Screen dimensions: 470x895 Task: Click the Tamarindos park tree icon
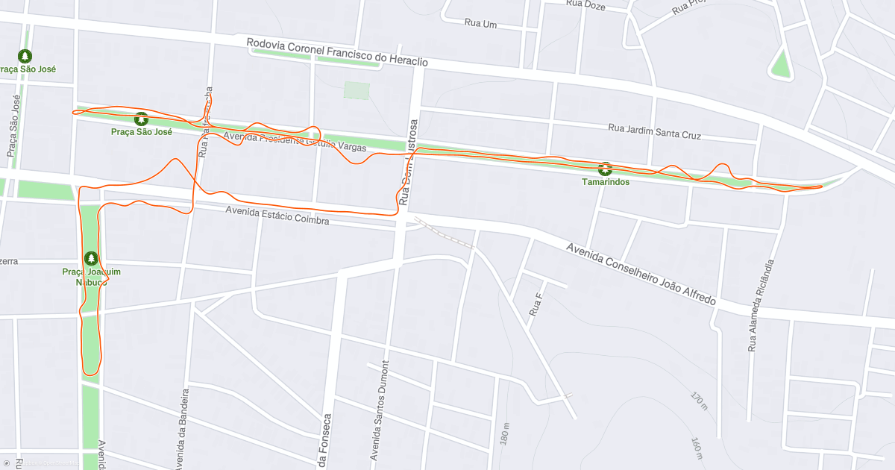(605, 169)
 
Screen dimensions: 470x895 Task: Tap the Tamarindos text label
(606, 182)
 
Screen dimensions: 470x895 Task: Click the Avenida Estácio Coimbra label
(277, 216)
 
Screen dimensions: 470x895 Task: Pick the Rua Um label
(480, 23)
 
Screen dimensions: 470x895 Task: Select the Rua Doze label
(585, 4)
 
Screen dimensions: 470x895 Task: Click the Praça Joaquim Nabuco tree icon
(91, 258)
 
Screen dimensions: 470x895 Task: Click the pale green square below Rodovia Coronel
(357, 90)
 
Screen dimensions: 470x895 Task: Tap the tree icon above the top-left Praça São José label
(25, 56)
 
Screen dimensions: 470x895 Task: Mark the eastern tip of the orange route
(821, 187)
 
